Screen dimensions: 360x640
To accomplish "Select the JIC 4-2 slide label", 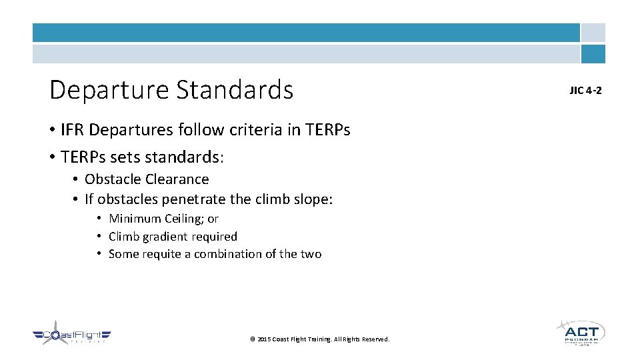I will tap(585, 90).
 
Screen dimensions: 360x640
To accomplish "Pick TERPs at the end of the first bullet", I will tap(327, 130).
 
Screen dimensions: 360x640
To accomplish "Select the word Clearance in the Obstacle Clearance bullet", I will tap(179, 179).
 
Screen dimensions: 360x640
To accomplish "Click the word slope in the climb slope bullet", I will tap(313, 199).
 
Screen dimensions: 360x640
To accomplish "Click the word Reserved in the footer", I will tap(375, 339).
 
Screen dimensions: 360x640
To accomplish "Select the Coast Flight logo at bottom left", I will tap(71, 335).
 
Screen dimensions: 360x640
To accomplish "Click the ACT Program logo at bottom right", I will tap(580, 331).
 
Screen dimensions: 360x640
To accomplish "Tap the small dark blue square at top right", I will tap(593, 53).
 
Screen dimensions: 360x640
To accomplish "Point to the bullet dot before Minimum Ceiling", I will tap(98, 219).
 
